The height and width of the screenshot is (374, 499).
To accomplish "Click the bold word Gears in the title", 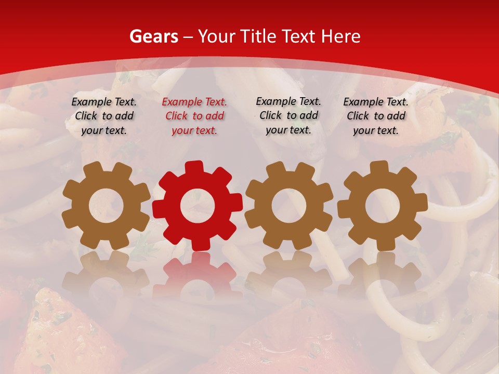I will click(153, 37).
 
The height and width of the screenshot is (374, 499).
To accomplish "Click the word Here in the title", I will click(340, 37).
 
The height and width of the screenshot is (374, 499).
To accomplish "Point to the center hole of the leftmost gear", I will click(106, 206).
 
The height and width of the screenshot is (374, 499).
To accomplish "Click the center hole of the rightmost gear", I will click(382, 206).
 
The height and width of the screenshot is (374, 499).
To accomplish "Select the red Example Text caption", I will click(194, 116).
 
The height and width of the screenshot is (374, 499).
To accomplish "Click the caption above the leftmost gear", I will click(104, 116).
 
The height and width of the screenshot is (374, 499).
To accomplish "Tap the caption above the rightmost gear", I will click(376, 116).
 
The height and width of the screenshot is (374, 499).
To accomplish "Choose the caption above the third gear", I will click(288, 115).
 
